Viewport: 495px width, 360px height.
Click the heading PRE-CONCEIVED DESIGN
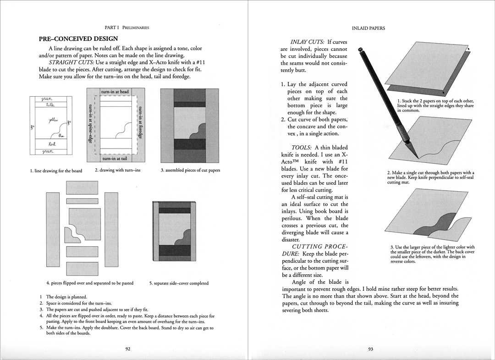pyautogui.click(x=78, y=39)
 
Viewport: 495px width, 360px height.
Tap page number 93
pyautogui.click(x=370, y=349)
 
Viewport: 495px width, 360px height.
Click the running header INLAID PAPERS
pyautogui.click(x=368, y=28)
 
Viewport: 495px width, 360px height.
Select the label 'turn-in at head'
pyautogui.click(x=115, y=92)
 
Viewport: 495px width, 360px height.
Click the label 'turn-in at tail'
pyautogui.click(x=115, y=158)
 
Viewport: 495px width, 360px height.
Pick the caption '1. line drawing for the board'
pyautogui.click(x=56, y=171)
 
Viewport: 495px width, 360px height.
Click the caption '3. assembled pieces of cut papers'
pyautogui.click(x=190, y=171)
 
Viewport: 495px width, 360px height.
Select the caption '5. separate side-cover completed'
pyautogui.click(x=179, y=283)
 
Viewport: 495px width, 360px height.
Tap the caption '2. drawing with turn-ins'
pyautogui.click(x=117, y=171)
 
